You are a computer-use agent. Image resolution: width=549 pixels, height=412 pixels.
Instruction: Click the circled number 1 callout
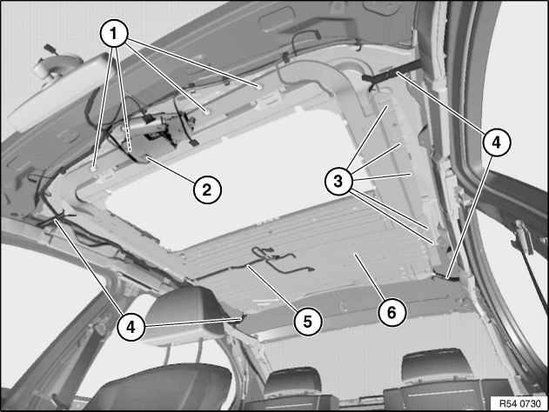[x=113, y=34]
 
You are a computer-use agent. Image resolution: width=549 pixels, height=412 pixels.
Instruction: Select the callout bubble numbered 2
[x=207, y=189]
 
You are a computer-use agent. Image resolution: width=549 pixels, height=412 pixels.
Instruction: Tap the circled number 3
[x=338, y=181]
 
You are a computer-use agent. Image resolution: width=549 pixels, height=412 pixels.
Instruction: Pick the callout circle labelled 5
[x=308, y=322]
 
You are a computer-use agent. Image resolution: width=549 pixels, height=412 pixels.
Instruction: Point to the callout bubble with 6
[x=392, y=312]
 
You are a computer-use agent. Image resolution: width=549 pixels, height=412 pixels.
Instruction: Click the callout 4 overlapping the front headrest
[x=131, y=328]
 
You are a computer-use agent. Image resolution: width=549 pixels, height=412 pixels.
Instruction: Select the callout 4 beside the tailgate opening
[x=497, y=143]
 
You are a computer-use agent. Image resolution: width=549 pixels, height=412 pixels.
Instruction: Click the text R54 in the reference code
[x=506, y=403]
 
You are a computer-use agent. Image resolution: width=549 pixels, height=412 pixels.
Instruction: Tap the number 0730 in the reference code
[x=529, y=403]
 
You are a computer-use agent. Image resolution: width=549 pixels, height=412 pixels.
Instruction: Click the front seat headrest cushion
[x=182, y=316]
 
